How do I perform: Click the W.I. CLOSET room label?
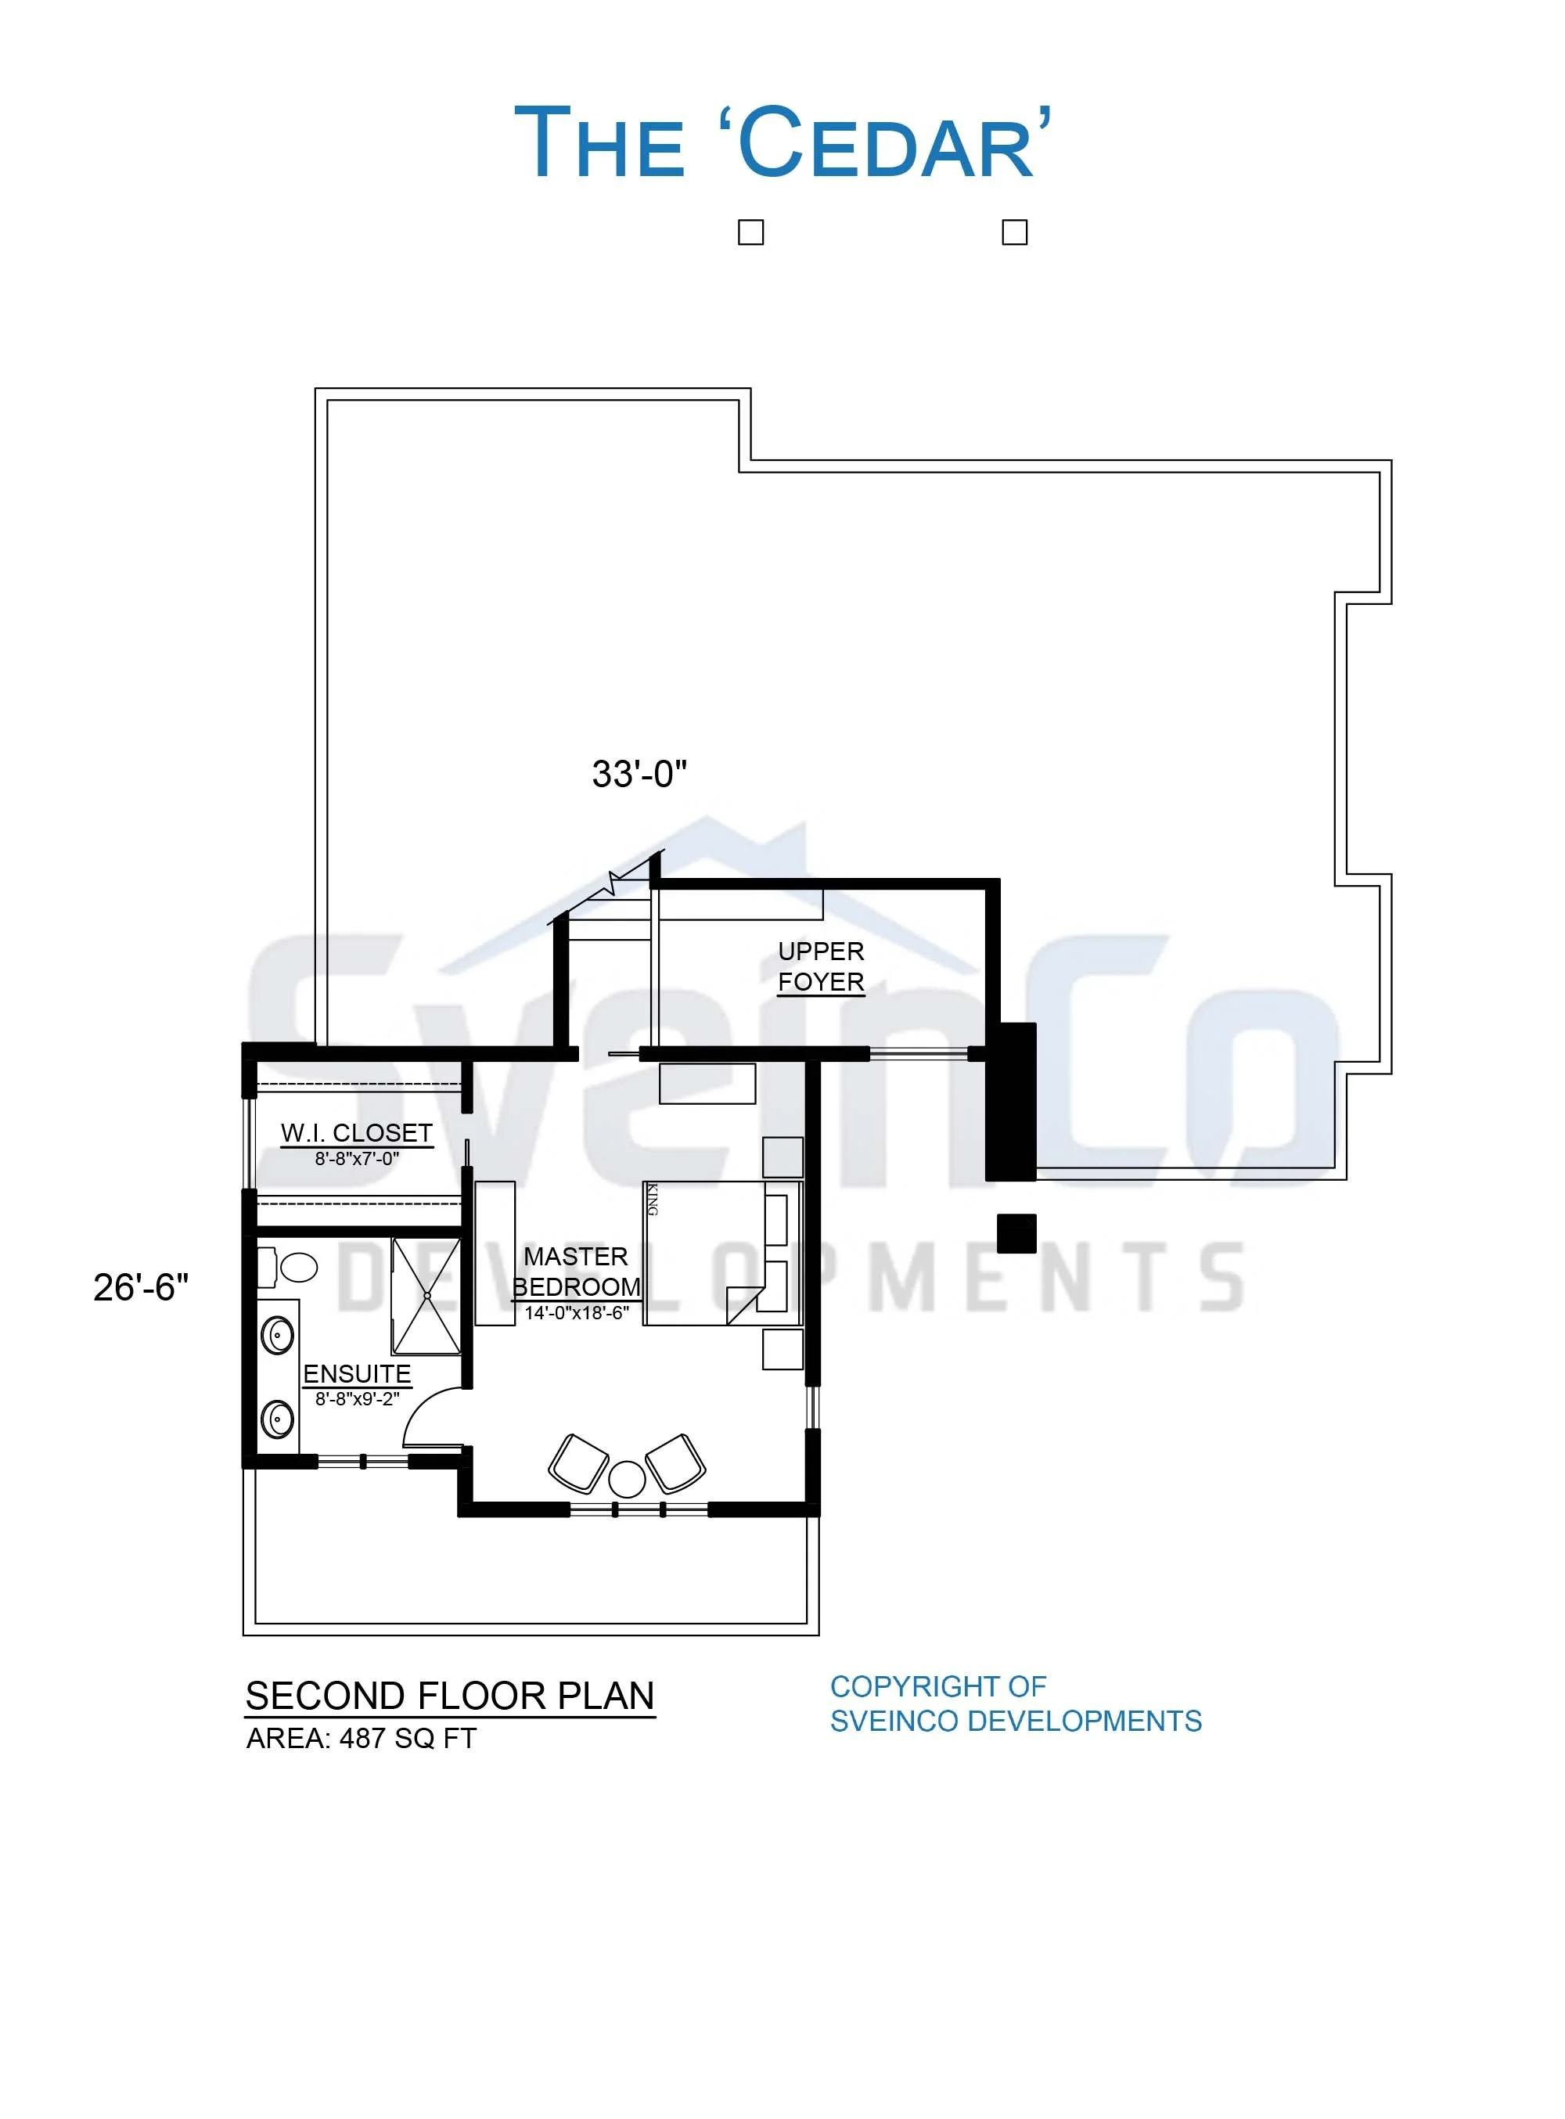tap(356, 1133)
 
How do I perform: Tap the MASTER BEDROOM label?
tap(576, 1272)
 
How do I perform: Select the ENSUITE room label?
tap(357, 1373)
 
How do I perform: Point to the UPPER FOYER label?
tap(822, 966)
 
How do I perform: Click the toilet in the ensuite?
tap(289, 1268)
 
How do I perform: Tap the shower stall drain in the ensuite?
tap(427, 1296)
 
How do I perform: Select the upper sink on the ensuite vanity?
tap(278, 1337)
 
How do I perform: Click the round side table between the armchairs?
tap(626, 1479)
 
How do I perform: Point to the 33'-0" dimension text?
tap(639, 774)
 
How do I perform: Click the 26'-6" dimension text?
tap(141, 1287)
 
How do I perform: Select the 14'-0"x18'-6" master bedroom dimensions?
tap(577, 1313)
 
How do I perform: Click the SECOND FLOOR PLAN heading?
tap(450, 1696)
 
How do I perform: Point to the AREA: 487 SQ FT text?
tap(361, 1738)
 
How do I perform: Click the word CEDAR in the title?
tap(886, 143)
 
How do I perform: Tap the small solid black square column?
tap(1016, 1233)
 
